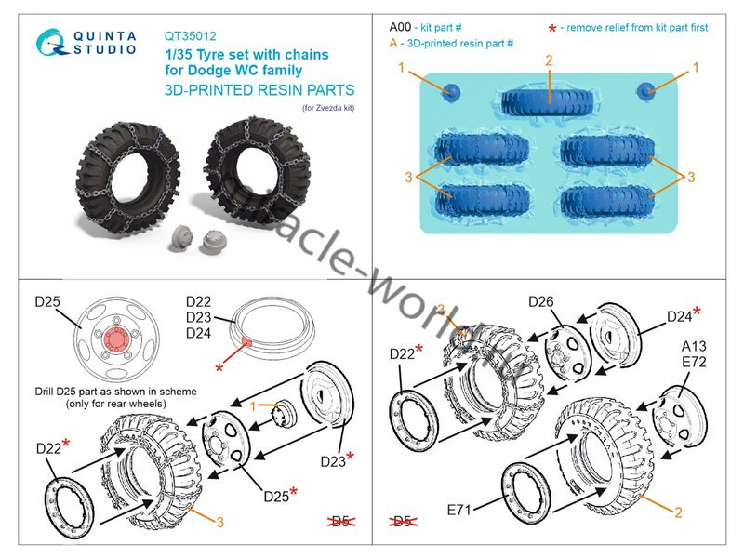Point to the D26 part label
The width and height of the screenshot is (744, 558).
point(546,302)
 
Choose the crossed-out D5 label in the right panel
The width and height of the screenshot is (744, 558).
point(404,523)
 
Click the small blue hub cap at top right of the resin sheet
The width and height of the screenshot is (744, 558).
point(648,90)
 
